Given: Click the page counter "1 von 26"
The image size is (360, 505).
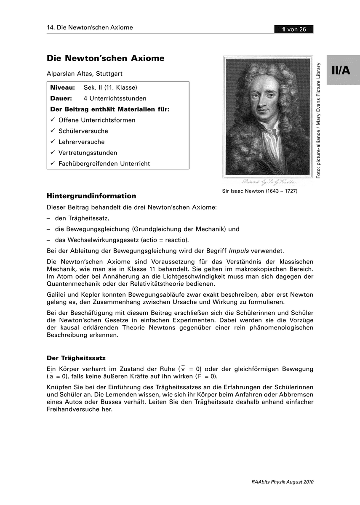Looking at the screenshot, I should [x=293, y=29].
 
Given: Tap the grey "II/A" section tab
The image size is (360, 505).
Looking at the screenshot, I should [x=341, y=70].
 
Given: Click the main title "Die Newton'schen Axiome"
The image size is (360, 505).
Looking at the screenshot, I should [x=105, y=58].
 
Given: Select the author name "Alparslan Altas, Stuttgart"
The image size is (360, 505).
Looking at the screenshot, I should [x=85, y=74].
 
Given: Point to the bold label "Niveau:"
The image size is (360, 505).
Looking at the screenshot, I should [x=62, y=88].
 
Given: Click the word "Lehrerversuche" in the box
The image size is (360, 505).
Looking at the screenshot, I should [x=82, y=142].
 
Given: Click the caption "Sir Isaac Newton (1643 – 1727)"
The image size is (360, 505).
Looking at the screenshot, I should [x=260, y=191].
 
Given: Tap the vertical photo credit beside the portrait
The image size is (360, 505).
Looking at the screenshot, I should [x=319, y=120].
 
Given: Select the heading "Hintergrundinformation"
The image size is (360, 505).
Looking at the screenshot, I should [x=91, y=196].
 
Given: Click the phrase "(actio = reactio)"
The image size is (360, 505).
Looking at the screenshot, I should [x=165, y=240].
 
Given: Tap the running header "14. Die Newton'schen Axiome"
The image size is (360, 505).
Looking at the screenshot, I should [x=90, y=28].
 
